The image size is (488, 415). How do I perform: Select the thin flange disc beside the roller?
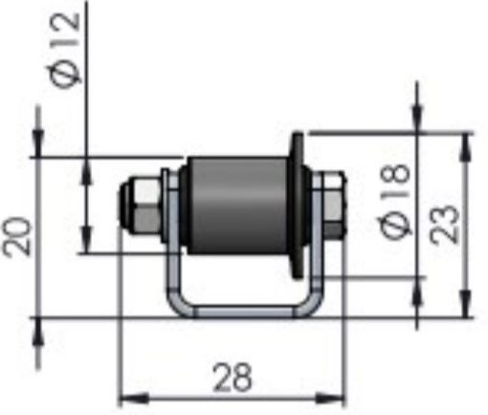(x=299, y=206)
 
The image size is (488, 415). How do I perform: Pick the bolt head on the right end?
(x=331, y=205)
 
